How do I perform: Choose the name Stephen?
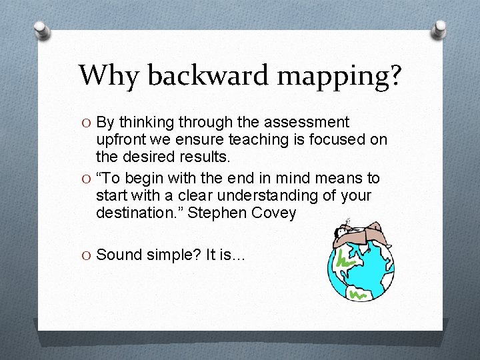point(215,213)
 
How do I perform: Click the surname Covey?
point(273,213)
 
